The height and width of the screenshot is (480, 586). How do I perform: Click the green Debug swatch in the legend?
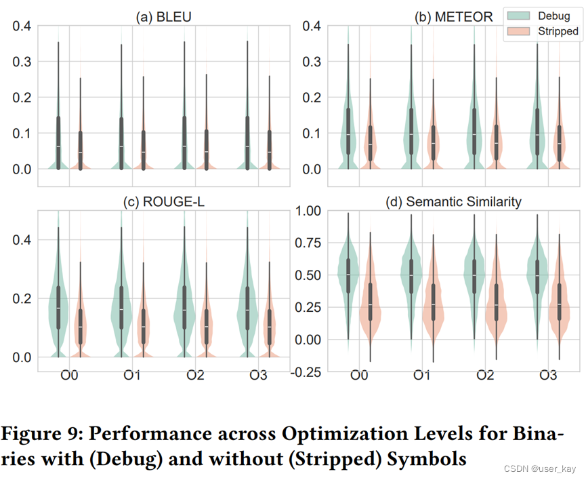pyautogui.click(x=518, y=16)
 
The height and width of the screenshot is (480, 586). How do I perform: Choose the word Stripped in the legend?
pyautogui.click(x=558, y=31)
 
